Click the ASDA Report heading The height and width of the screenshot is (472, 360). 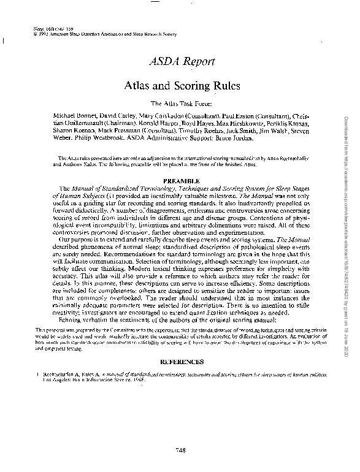click(182, 61)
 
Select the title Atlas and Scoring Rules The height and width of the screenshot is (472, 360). click(182, 85)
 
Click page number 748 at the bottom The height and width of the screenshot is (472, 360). click(180, 451)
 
